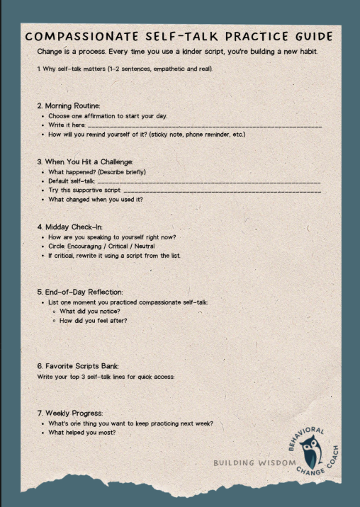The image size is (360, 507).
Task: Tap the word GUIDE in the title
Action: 310,37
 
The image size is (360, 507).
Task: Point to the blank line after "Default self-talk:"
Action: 209,181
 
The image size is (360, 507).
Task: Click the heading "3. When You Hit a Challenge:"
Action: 85,161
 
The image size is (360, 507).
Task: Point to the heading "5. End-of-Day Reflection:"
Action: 80,292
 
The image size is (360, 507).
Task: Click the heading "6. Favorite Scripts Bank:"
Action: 80,366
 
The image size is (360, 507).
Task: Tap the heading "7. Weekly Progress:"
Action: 69,413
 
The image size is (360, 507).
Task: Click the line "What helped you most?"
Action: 81,432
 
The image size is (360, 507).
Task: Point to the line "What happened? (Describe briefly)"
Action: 97,172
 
